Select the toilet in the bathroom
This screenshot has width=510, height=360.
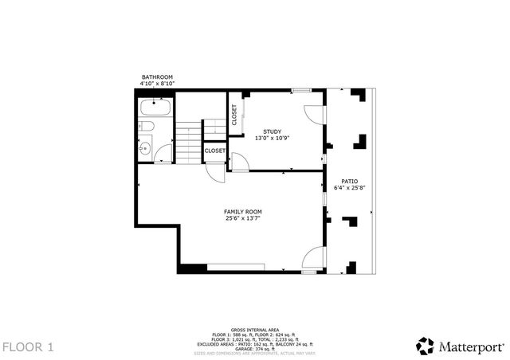pyautogui.click(x=146, y=127)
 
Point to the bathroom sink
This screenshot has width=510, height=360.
pyautogui.click(x=146, y=147)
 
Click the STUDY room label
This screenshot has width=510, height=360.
pyautogui.click(x=272, y=131)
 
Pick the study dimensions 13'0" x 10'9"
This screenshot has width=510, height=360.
pyautogui.click(x=272, y=139)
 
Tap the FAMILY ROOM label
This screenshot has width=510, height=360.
pyautogui.click(x=243, y=211)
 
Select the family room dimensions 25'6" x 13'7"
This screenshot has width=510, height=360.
pyautogui.click(x=243, y=218)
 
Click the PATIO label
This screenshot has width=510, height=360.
pyautogui.click(x=349, y=182)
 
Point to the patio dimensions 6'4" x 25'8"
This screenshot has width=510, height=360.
pyautogui.click(x=349, y=189)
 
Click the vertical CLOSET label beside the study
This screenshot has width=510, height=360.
pyautogui.click(x=234, y=115)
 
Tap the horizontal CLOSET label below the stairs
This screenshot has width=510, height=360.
pyautogui.click(x=215, y=151)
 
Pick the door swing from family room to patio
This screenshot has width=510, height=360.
pyautogui.click(x=316, y=258)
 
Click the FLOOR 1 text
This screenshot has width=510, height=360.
pyautogui.click(x=28, y=346)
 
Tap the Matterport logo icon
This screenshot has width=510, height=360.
pyautogui.click(x=425, y=346)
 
